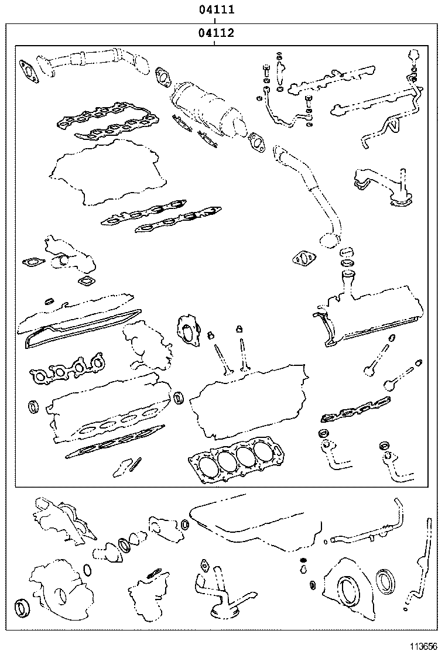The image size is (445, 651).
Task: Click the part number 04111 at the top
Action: coord(216,10)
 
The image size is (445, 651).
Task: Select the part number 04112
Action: coord(216,33)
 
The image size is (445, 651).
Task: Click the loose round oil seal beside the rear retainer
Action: coord(386,580)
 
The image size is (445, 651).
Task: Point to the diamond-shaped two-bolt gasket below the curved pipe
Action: coord(303,258)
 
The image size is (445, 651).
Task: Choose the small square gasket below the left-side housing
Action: coord(88,283)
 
